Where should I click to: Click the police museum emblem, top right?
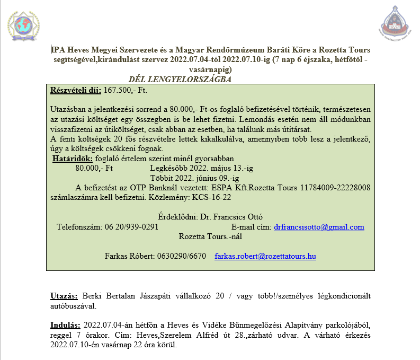pos(397,23)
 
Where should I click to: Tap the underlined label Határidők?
pos(73,159)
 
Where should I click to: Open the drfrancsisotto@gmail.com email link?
pos(319,227)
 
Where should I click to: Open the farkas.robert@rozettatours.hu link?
pos(265,256)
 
